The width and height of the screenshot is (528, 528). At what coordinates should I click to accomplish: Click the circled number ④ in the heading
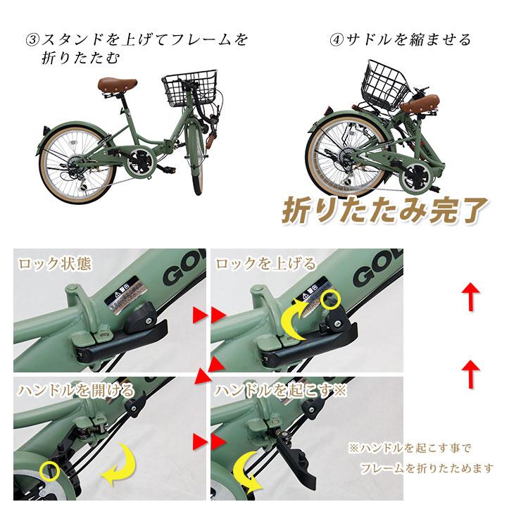tap(337, 39)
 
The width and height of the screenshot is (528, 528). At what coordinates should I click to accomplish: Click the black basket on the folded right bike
tap(384, 82)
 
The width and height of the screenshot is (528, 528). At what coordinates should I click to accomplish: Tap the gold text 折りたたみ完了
tap(379, 208)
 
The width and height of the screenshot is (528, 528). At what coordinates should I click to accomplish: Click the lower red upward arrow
tap(471, 371)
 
